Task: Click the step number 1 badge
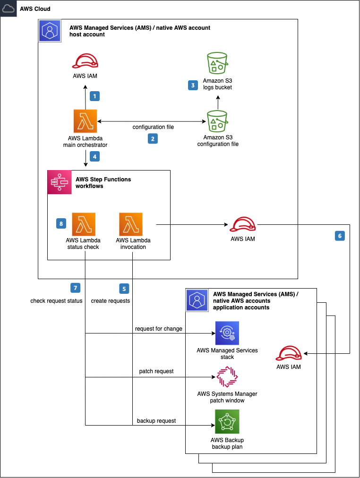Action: coord(94,96)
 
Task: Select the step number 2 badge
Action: coord(153,139)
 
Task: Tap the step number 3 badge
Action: coord(193,85)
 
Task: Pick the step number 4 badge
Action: coord(94,157)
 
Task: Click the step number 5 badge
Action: coord(124,289)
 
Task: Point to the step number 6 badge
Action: coord(340,236)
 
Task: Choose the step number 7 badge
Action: coord(75,288)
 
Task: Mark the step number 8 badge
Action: coord(61,223)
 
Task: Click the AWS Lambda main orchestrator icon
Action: coord(86,121)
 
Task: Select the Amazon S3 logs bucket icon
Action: coord(217,63)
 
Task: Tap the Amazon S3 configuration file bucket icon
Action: coord(217,121)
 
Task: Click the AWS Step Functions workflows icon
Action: coord(60,182)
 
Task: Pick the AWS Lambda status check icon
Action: coord(84,224)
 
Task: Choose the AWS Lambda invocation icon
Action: coord(131,224)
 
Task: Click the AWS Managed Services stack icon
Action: coord(227,333)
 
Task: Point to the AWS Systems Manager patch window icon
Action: coord(227,377)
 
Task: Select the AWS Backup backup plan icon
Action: coord(227,422)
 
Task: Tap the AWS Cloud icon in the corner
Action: coord(9,9)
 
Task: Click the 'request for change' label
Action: coord(159,329)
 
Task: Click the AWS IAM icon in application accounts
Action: coord(289,353)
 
